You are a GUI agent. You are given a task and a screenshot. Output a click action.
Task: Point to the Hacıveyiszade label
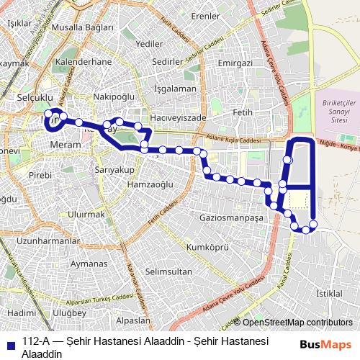179,117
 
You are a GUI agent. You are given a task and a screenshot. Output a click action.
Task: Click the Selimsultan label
168,271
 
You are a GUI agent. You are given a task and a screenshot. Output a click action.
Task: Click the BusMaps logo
325,344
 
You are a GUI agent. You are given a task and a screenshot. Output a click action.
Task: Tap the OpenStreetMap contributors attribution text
297,323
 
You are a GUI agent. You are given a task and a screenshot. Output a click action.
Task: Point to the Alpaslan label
133,320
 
